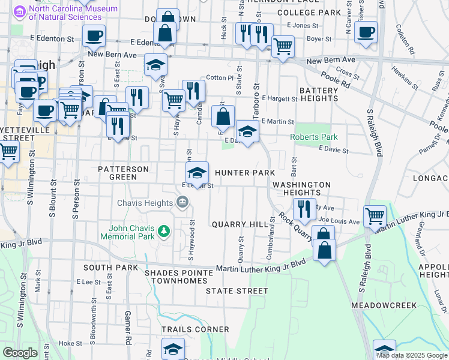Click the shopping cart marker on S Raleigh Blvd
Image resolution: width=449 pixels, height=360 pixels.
click(375, 215)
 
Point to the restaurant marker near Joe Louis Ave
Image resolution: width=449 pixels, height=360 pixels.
click(304, 208)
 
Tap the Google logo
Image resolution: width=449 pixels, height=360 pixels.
click(20, 353)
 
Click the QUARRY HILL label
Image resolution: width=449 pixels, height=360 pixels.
click(240, 224)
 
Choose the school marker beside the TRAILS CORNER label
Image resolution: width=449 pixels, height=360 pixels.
click(173, 350)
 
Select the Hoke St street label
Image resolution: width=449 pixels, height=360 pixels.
click(71, 344)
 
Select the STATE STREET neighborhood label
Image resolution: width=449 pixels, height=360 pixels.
click(237, 291)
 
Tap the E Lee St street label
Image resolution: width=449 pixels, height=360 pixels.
click(88, 281)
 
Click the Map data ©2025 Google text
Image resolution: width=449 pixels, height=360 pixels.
click(412, 355)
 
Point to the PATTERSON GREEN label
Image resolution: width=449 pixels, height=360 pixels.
click(124, 173)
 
